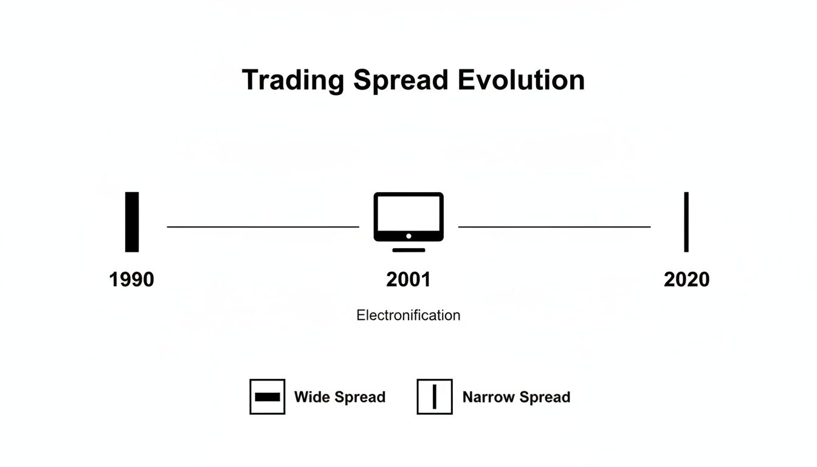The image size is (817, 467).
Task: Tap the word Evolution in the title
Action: (x=522, y=80)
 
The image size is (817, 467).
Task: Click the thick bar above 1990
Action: (x=132, y=222)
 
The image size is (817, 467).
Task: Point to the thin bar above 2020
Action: (x=686, y=222)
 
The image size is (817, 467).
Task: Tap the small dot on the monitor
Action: (x=408, y=236)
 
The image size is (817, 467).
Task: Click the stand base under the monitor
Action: (x=408, y=249)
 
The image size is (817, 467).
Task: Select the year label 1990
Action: (x=131, y=280)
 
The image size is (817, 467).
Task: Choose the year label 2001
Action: (x=408, y=280)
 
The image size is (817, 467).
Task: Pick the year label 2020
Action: (x=686, y=280)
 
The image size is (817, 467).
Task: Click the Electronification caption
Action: (x=408, y=315)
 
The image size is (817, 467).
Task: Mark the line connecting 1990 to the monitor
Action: (x=263, y=227)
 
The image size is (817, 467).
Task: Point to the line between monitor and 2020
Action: (x=554, y=227)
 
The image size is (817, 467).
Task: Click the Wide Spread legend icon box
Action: (x=267, y=396)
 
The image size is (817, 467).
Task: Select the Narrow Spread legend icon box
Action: (x=435, y=396)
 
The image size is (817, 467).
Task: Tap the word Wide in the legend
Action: (x=309, y=397)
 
